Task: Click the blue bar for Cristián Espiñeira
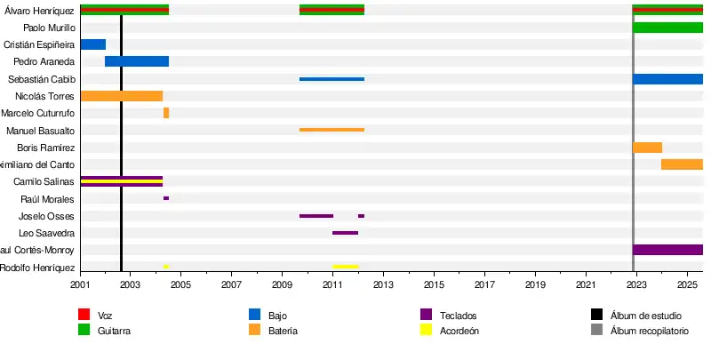pyautogui.click(x=92, y=44)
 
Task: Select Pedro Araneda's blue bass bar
pyautogui.click(x=137, y=61)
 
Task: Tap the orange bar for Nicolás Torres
pyautogui.click(x=121, y=96)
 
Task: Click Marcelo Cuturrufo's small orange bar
pyautogui.click(x=166, y=113)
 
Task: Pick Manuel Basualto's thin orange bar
pyautogui.click(x=332, y=130)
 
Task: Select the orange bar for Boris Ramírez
pyautogui.click(x=647, y=148)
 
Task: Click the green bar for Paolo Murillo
pyautogui.click(x=667, y=28)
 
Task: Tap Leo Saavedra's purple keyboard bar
pyautogui.click(x=345, y=233)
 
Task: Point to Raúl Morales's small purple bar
pyautogui.click(x=166, y=198)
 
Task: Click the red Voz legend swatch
pyautogui.click(x=84, y=315)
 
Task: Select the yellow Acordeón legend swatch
pyautogui.click(x=426, y=330)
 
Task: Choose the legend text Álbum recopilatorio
pyautogui.click(x=649, y=331)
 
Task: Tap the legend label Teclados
pyautogui.click(x=458, y=316)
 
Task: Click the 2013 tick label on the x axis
pyautogui.click(x=383, y=284)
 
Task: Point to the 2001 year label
pyautogui.click(x=80, y=284)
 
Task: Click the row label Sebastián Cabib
pyautogui.click(x=41, y=79)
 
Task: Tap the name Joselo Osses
pyautogui.click(x=46, y=216)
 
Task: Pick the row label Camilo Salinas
pyautogui.click(x=44, y=181)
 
